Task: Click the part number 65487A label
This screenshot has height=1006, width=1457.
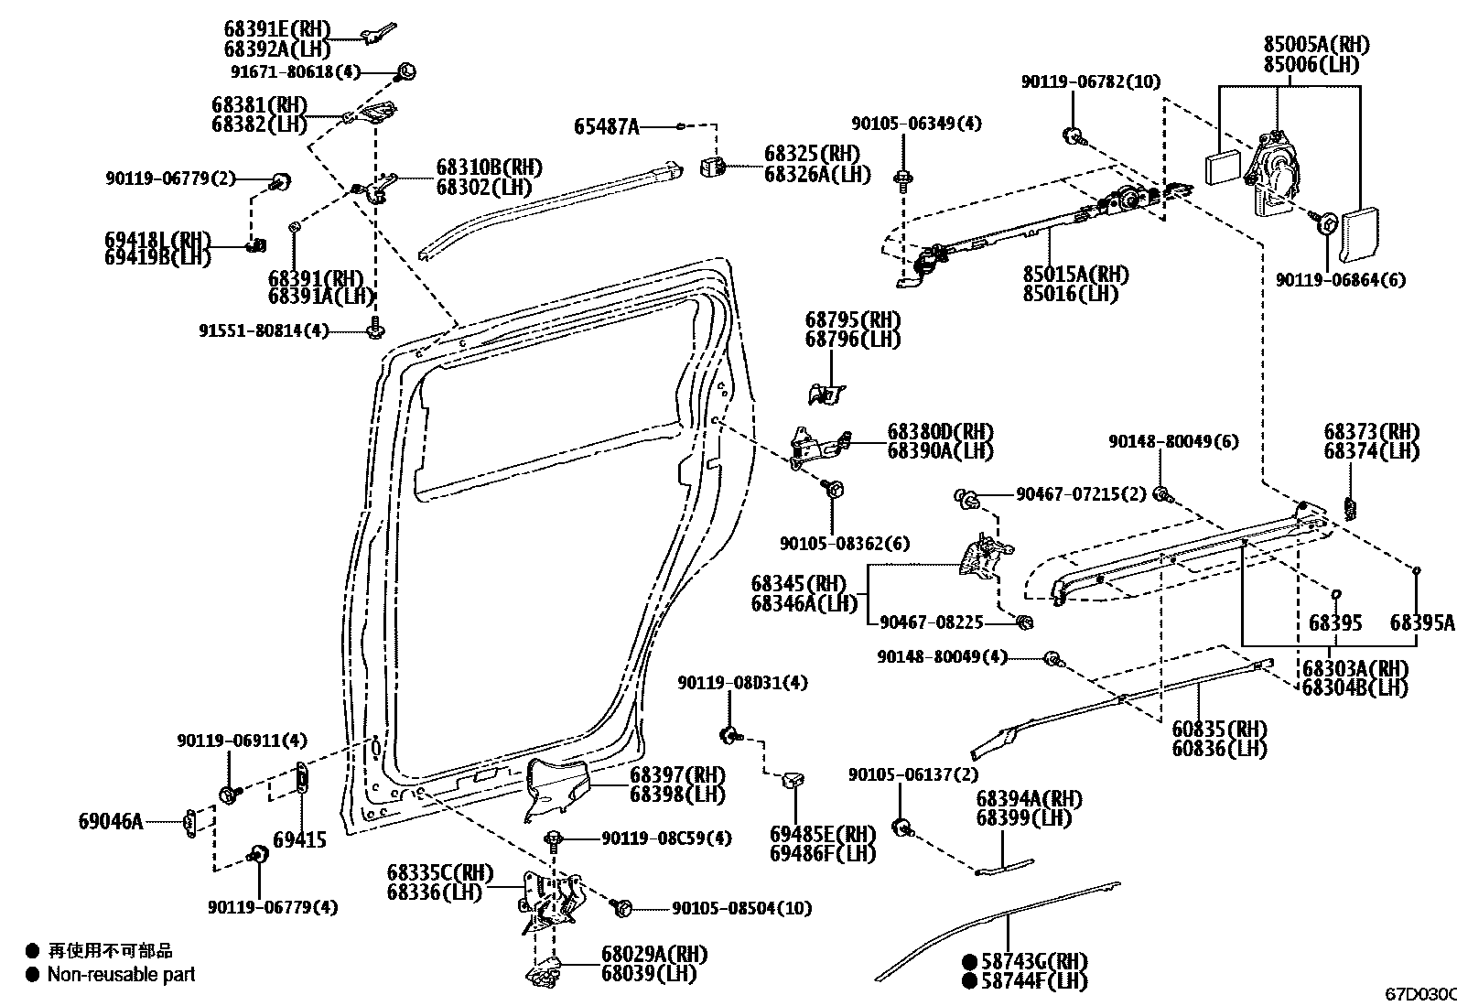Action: tap(606, 126)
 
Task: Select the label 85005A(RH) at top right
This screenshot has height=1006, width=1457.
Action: tap(1315, 45)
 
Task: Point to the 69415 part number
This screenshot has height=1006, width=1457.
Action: tap(299, 839)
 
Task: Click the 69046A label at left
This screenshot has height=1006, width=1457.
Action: tap(111, 821)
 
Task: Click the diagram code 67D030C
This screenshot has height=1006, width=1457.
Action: tap(1419, 994)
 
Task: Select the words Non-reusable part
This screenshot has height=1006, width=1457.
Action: tap(121, 975)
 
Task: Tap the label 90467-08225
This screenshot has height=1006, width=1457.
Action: tap(931, 622)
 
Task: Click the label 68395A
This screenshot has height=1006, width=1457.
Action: tap(1421, 623)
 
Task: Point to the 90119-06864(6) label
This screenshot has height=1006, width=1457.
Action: tap(1341, 280)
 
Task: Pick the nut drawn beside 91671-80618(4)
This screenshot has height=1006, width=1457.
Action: tap(407, 70)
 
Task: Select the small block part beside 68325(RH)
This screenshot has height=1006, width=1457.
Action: tap(714, 167)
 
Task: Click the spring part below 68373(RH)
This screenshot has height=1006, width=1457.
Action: tap(1351, 506)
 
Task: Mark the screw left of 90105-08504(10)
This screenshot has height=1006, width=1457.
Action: tap(622, 907)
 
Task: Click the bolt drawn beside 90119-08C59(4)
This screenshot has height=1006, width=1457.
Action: tap(554, 839)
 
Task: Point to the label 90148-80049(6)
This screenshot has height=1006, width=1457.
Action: tap(1172, 441)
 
